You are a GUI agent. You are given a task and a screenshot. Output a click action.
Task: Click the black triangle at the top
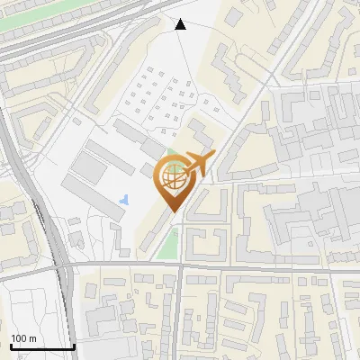point(181,24)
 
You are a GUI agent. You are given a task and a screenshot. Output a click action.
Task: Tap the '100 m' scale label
point(23,338)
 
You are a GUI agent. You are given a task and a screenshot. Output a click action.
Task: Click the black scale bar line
point(41,347)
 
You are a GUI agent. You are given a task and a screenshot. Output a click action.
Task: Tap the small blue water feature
point(124,198)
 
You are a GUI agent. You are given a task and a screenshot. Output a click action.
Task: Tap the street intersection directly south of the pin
point(180,265)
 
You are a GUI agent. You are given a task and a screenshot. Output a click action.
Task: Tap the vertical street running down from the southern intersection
point(179,315)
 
